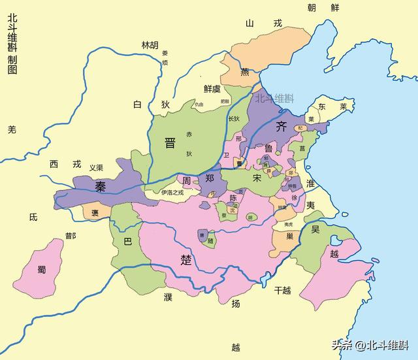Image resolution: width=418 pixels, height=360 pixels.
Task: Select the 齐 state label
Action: [x=282, y=126]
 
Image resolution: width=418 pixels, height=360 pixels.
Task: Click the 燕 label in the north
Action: [x=245, y=72]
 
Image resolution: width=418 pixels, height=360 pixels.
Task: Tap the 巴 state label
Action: [x=127, y=241]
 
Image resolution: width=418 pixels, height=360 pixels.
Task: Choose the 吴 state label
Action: [x=315, y=229]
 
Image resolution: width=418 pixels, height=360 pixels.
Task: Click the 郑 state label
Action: [x=210, y=178]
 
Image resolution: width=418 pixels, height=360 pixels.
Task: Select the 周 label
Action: [x=186, y=180]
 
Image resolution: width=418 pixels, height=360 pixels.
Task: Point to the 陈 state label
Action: [x=233, y=197]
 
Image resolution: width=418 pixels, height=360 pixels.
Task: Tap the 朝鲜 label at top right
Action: [x=324, y=7]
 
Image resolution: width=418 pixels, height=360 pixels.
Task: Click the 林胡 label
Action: [x=150, y=45]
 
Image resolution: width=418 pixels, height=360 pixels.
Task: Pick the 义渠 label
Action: [x=96, y=167]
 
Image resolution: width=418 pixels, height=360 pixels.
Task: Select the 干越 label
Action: [x=284, y=289]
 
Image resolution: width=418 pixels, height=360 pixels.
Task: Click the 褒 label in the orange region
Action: [x=95, y=212]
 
